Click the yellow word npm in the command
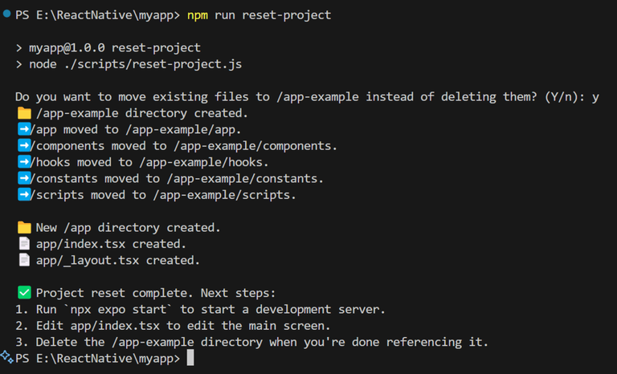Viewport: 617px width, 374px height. click(x=197, y=16)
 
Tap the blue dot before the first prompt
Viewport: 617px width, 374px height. click(x=6, y=14)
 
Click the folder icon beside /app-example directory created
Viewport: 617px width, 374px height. click(x=24, y=113)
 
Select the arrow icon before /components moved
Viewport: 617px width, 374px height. click(x=24, y=145)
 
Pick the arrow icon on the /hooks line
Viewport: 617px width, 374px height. click(x=24, y=162)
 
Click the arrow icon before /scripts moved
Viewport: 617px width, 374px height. click(x=24, y=195)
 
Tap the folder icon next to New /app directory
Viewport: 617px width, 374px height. click(x=24, y=228)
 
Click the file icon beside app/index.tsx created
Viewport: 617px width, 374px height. click(x=24, y=244)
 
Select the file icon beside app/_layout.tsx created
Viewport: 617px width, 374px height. click(x=24, y=260)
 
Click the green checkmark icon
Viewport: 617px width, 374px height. click(x=24, y=293)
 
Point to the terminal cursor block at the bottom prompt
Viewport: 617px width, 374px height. click(x=190, y=358)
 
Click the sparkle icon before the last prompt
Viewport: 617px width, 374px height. click(x=7, y=356)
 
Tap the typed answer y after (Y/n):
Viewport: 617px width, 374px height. click(x=595, y=98)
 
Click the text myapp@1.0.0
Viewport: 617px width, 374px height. click(x=67, y=47)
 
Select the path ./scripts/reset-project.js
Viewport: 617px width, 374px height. click(x=153, y=64)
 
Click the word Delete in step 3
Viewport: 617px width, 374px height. click(x=56, y=342)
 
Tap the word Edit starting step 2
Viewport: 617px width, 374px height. click(x=50, y=326)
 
